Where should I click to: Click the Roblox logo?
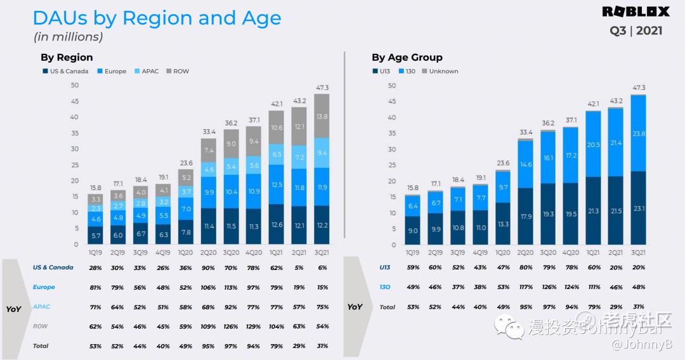636,11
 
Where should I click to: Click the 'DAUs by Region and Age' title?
157,18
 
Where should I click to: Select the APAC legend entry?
150,72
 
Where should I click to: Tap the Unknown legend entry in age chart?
443,72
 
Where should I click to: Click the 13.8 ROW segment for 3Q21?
322,117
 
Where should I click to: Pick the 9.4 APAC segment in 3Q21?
322,153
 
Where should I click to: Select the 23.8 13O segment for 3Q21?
638,134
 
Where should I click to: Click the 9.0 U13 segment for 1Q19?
413,231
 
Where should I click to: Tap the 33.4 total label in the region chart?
209,132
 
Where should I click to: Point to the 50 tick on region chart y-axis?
75,86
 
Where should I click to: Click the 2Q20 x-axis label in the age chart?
526,252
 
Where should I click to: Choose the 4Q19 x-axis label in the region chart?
163,252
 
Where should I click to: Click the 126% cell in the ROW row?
231,326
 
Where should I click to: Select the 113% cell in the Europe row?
231,287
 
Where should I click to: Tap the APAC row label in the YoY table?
41,307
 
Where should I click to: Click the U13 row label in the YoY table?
385,267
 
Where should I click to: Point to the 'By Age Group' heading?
407,57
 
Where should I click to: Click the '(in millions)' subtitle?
68,37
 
